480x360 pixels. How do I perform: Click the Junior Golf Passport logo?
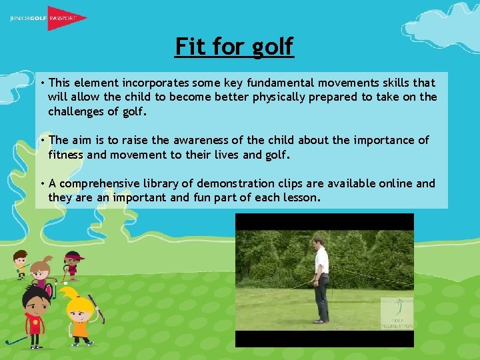pyautogui.click(x=49, y=18)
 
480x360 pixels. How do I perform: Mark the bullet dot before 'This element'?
pyautogui.click(x=41, y=83)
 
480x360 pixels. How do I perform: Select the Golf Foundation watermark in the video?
pyautogui.click(x=397, y=313)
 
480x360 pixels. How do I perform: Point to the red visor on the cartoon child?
pyautogui.click(x=71, y=256)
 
